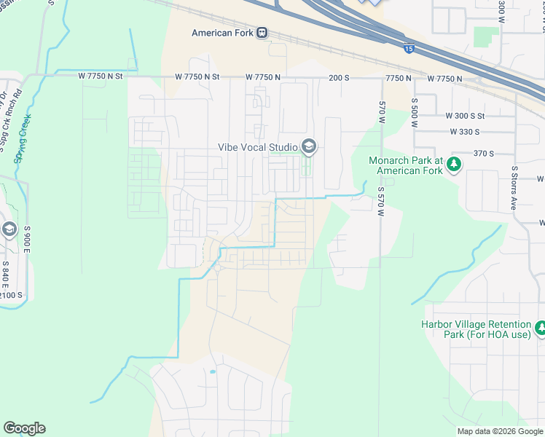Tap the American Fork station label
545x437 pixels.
click(x=222, y=33)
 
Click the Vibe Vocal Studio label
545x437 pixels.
click(x=258, y=147)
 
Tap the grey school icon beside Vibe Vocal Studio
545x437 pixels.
click(x=308, y=147)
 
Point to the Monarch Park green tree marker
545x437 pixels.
click(x=455, y=165)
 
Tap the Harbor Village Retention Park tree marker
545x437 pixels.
click(x=540, y=329)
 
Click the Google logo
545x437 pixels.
click(x=24, y=428)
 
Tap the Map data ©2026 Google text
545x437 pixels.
click(x=500, y=431)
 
